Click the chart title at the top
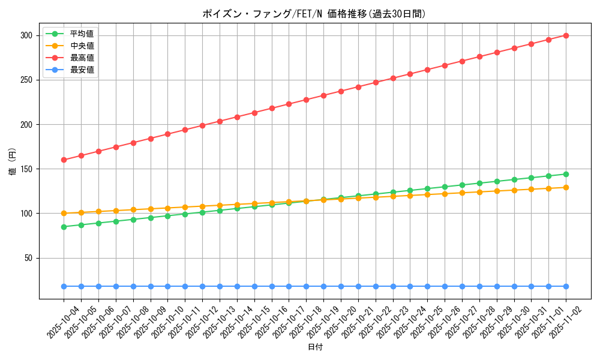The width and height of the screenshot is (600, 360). click(314, 14)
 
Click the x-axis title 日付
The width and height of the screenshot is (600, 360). click(315, 347)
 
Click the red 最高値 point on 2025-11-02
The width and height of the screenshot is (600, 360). click(566, 35)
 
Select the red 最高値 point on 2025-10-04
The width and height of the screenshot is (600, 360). click(64, 160)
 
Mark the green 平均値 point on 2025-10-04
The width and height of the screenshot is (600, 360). click(64, 227)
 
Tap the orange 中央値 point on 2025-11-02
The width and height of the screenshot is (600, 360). click(566, 187)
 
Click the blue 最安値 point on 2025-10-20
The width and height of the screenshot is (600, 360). click(341, 286)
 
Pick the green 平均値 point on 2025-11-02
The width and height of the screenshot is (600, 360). click(566, 174)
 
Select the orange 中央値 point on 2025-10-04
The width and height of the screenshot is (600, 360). click(64, 213)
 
